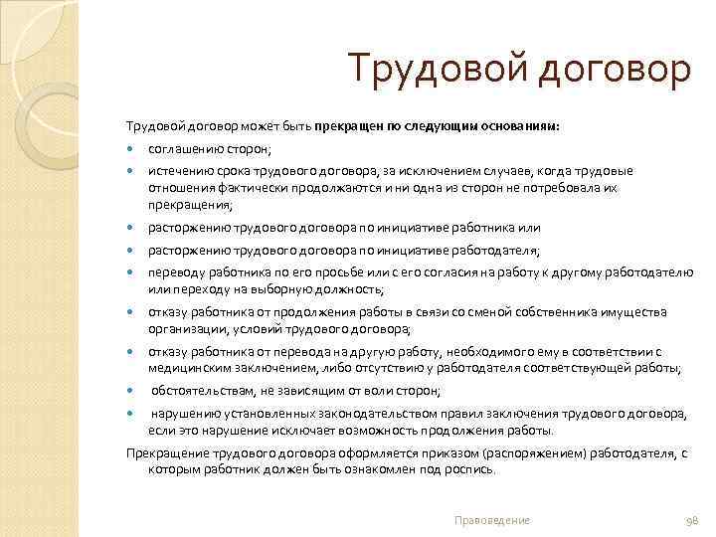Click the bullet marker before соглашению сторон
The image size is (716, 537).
130,149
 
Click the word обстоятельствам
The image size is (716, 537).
202,391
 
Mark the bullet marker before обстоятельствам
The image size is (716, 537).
130,391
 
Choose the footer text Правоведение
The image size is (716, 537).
490,520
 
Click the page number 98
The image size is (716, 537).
694,520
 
